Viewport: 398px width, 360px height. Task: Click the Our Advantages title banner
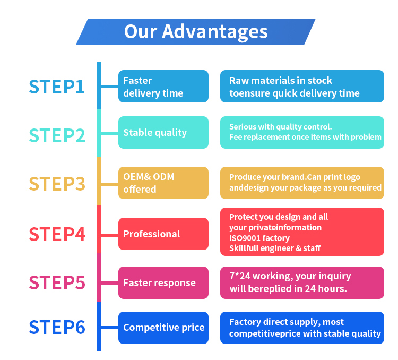196,31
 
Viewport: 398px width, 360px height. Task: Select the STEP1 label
57,87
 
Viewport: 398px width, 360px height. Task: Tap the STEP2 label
57,135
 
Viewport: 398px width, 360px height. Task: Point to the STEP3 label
57,183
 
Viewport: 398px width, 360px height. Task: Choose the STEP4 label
57,234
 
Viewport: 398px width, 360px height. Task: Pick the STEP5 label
57,282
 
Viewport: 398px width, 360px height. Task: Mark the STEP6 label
57,328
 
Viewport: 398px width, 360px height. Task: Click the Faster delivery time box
163,87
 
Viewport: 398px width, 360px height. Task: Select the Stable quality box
163,133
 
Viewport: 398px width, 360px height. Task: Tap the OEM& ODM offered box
163,183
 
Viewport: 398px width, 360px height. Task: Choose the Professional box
163,234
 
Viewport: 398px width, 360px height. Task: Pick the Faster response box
163,282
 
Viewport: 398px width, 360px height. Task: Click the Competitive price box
163,328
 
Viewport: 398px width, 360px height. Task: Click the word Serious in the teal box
242,127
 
